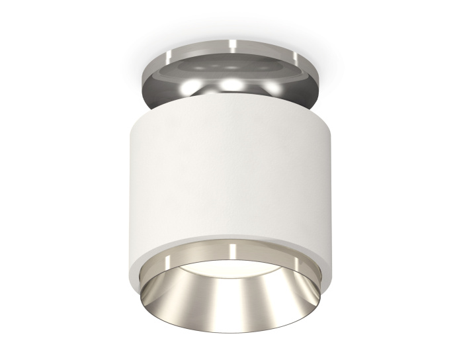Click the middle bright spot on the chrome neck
(x=231, y=83)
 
